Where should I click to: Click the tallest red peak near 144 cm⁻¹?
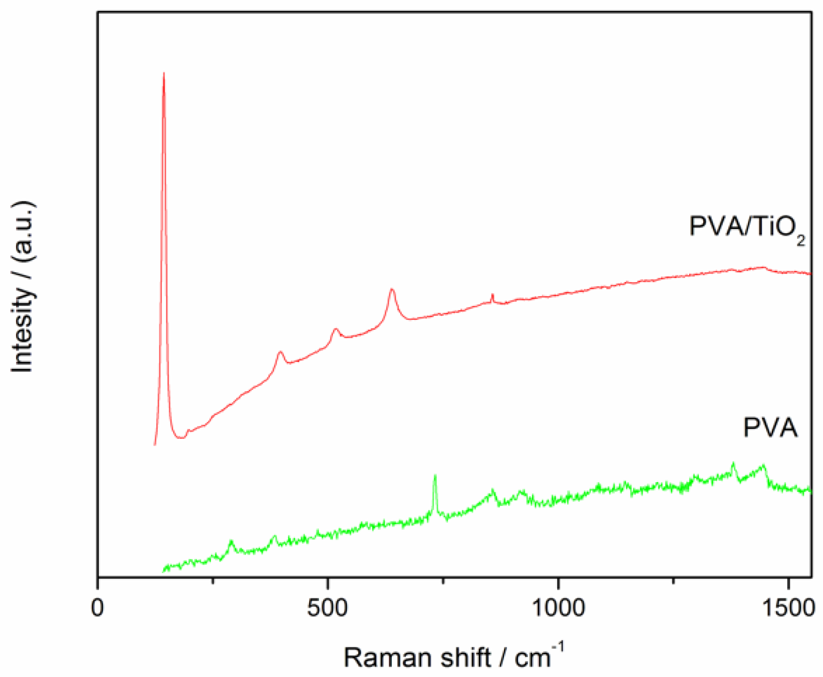point(164,74)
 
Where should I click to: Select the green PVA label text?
point(770,428)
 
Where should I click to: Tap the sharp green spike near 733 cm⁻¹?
point(435,475)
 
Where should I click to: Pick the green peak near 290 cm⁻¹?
point(231,541)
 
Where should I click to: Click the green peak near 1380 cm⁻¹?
point(733,463)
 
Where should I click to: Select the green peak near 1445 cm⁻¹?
point(763,466)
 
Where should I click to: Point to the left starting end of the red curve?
point(155,444)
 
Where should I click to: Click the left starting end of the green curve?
point(163,571)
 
